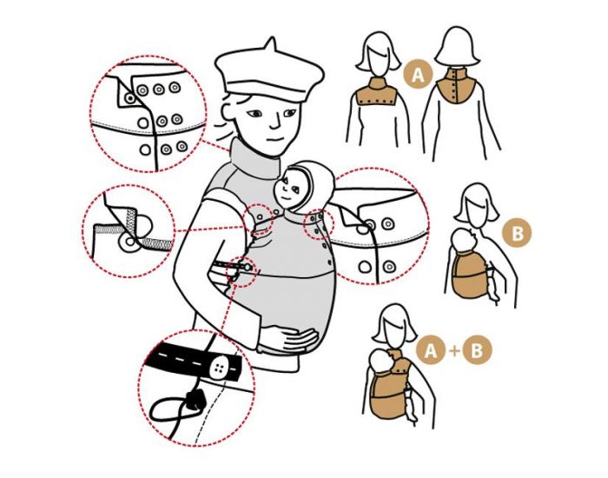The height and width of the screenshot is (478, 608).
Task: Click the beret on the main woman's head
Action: (269, 73)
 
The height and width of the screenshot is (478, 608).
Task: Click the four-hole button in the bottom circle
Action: (219, 368)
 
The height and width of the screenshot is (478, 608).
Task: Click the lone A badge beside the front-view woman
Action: (418, 75)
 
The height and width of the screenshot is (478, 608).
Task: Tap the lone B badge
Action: (518, 234)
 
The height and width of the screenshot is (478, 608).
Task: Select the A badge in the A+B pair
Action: (431, 351)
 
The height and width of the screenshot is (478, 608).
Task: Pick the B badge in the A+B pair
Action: (478, 351)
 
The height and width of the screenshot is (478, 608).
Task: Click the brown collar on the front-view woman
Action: (375, 93)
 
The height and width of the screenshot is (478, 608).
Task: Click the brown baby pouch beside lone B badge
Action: (469, 275)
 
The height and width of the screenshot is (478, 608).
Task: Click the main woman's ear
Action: (228, 110)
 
